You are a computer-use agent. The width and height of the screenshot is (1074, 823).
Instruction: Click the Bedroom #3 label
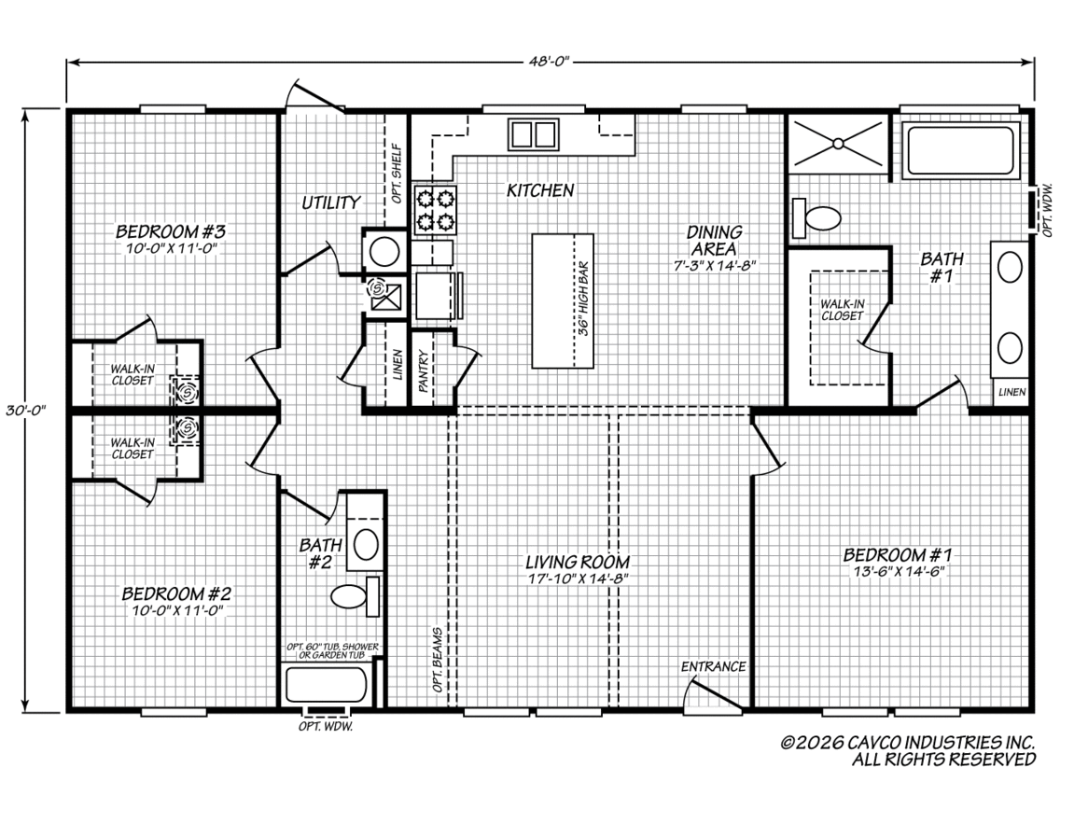coord(171,230)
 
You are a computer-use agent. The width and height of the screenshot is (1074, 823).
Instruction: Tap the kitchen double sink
coord(534,134)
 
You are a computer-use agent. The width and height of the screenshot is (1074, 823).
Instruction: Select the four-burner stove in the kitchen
coord(435,210)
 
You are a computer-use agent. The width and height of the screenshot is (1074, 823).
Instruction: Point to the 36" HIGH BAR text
coord(583,300)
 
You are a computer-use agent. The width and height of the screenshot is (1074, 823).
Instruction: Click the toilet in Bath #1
coord(816,218)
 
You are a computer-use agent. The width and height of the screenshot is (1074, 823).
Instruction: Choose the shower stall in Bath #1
coord(838,144)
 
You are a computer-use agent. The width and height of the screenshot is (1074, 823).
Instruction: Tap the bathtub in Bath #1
coord(961,151)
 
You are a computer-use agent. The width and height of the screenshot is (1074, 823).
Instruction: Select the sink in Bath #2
coord(366,544)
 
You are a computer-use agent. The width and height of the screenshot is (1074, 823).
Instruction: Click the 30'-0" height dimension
coord(25,411)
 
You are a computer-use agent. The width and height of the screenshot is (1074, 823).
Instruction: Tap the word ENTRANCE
coord(713,666)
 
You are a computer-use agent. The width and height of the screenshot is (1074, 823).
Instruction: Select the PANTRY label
coord(424,371)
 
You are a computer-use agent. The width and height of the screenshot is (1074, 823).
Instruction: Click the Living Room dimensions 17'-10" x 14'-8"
coord(579,579)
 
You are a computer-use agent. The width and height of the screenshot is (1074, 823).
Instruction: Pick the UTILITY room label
coord(331,202)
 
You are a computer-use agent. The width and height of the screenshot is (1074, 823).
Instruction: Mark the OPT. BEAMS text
coord(437,660)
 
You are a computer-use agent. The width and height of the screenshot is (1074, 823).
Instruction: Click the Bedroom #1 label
coord(898,554)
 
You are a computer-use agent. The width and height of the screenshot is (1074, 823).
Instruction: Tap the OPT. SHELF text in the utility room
coord(398,174)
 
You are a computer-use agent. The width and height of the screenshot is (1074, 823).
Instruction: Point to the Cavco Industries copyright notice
coord(908,751)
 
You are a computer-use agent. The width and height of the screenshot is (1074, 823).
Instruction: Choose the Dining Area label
coord(715,241)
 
